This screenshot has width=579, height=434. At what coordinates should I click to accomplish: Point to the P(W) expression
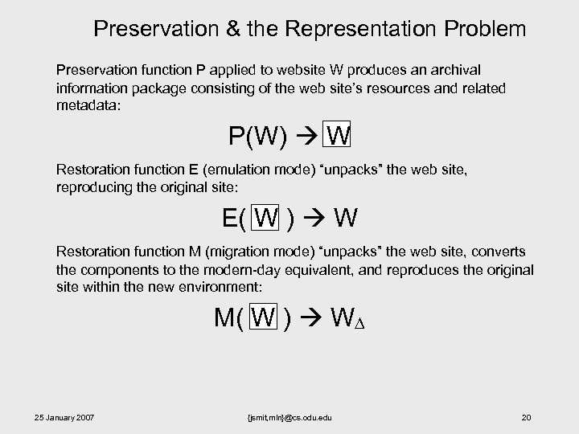[257, 134]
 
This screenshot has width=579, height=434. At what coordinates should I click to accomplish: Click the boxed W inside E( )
[265, 217]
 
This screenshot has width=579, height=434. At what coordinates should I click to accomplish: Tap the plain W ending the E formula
[346, 218]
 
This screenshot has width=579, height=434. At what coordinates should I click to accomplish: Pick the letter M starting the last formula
[224, 317]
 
